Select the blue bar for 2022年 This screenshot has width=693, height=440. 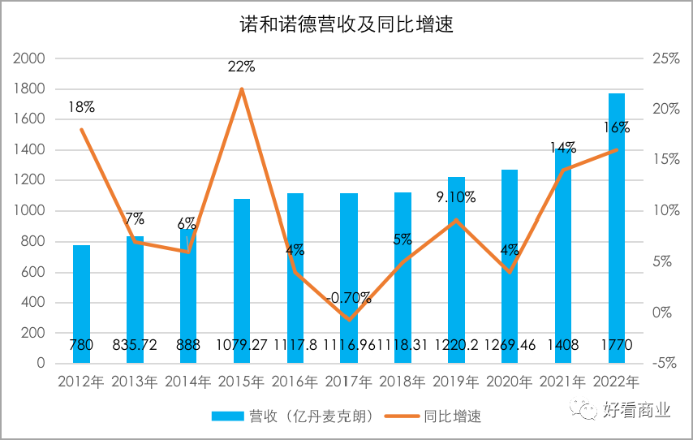[x=617, y=227]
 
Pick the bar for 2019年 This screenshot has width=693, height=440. [x=456, y=268]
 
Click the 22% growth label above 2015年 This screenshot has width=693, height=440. [x=241, y=67]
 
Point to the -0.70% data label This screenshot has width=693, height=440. [x=348, y=297]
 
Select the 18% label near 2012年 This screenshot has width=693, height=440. [x=81, y=106]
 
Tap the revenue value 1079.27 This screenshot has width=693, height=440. [x=241, y=345]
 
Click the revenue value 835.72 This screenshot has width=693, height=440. [x=134, y=345]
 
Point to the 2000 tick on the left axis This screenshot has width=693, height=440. [x=30, y=58]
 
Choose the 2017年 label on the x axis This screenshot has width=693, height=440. [x=348, y=381]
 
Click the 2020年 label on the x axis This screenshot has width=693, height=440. [x=509, y=381]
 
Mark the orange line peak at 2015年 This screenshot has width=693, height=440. [x=242, y=88]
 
